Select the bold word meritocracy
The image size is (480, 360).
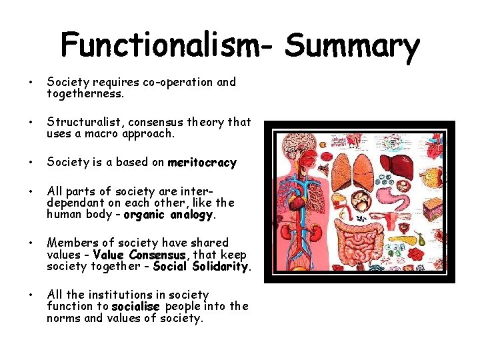pos(202,163)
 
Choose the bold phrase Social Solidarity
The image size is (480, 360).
pos(201,267)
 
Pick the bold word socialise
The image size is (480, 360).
pos(136,307)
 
